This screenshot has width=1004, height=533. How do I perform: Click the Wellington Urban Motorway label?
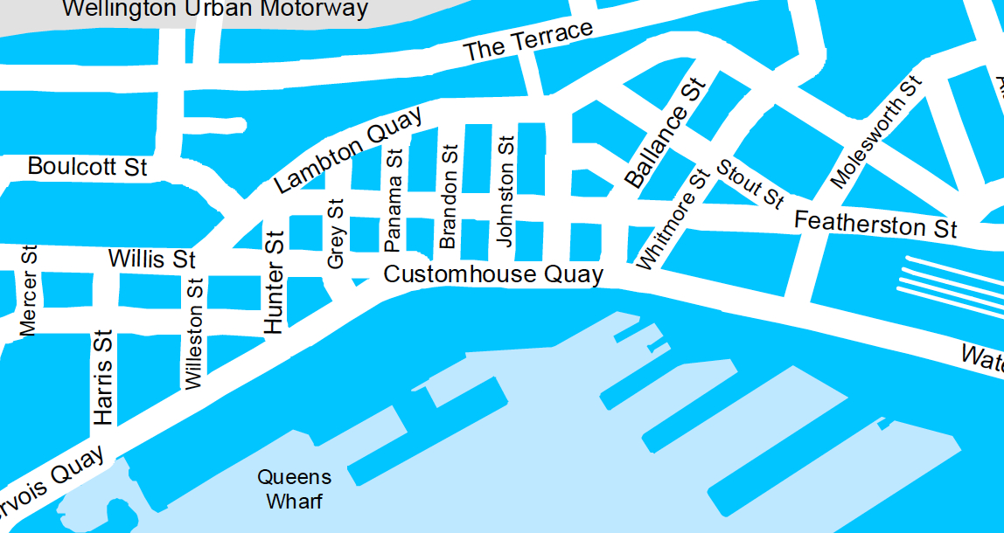point(216,10)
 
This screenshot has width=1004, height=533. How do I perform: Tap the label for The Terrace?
point(528,41)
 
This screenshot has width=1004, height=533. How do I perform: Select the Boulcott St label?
point(87,166)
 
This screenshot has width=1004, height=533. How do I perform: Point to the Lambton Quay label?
point(348,149)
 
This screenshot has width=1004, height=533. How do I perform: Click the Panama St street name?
point(394,198)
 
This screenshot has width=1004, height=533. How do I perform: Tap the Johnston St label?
point(505,191)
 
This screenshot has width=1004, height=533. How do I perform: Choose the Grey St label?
point(336,233)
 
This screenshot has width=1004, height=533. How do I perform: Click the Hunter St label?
point(275,282)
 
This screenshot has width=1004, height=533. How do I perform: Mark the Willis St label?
point(151,260)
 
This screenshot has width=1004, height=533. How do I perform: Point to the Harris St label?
point(103,377)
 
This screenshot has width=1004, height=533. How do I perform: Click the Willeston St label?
point(194,334)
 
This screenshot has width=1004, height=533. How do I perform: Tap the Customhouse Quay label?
point(493,274)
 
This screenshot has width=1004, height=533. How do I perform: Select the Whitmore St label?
point(671,219)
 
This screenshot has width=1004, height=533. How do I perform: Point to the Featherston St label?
point(875,225)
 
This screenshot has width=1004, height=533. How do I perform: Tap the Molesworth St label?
point(876,132)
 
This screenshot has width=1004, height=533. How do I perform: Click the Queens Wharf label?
point(294,489)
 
